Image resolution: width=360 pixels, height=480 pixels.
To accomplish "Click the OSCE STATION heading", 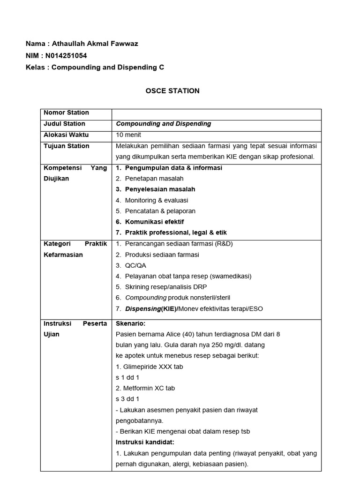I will (x=172, y=91).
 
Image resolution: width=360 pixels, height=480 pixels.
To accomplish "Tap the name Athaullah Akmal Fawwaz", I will (x=95, y=44).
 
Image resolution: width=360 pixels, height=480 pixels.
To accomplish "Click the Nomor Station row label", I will (x=66, y=112).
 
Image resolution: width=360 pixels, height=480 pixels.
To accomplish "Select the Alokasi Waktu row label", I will (x=66, y=135).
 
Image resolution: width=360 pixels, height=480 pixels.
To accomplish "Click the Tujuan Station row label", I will (x=66, y=146).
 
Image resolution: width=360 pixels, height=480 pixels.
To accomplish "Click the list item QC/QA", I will (x=135, y=265).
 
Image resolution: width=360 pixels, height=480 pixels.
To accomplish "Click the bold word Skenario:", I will (x=131, y=323).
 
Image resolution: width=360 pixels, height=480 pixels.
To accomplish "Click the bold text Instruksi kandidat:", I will (x=145, y=442).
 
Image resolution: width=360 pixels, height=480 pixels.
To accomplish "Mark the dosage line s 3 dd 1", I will (x=127, y=399).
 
